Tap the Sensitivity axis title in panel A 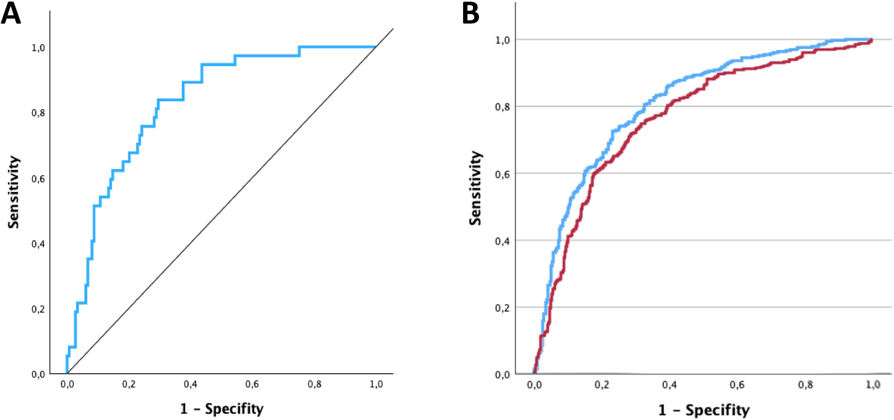point(14,192)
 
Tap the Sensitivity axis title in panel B point(475,188)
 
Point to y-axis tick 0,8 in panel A point(38,113)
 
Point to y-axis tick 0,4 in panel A point(38,244)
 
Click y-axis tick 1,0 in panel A point(38,48)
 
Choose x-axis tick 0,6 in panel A point(252,384)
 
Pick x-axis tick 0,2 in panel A point(129,384)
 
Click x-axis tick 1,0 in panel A point(376,384)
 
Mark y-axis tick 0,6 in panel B point(502,174)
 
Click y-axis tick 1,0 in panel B point(502,40)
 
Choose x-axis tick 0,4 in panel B point(669,385)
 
